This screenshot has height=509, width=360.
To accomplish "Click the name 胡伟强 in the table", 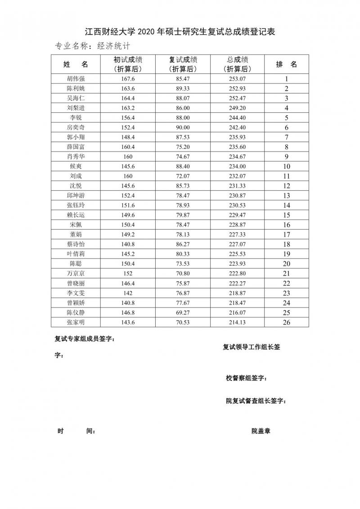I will (75, 79).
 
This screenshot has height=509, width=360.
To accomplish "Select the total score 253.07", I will (237, 79).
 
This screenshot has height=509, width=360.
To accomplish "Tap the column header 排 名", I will (286, 64).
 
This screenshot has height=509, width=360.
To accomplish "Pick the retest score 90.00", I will (183, 128).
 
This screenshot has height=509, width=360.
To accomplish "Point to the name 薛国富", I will (75, 147).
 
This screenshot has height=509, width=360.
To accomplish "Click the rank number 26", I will (286, 322).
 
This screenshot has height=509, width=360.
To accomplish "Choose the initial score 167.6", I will (128, 79).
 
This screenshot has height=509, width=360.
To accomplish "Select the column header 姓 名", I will (75, 64).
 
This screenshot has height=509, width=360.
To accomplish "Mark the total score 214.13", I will (237, 322).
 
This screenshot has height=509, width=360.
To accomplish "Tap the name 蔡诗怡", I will (75, 244).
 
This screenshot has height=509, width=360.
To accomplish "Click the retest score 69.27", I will (183, 312).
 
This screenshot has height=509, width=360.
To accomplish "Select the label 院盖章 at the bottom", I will (261, 431).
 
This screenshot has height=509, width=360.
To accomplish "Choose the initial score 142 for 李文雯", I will (128, 293).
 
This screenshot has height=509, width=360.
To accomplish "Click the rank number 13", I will (286, 196).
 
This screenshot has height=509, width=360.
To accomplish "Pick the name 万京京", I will (75, 273).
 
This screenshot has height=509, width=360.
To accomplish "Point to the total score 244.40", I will (237, 118).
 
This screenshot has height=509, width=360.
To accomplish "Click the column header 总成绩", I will (237, 60).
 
